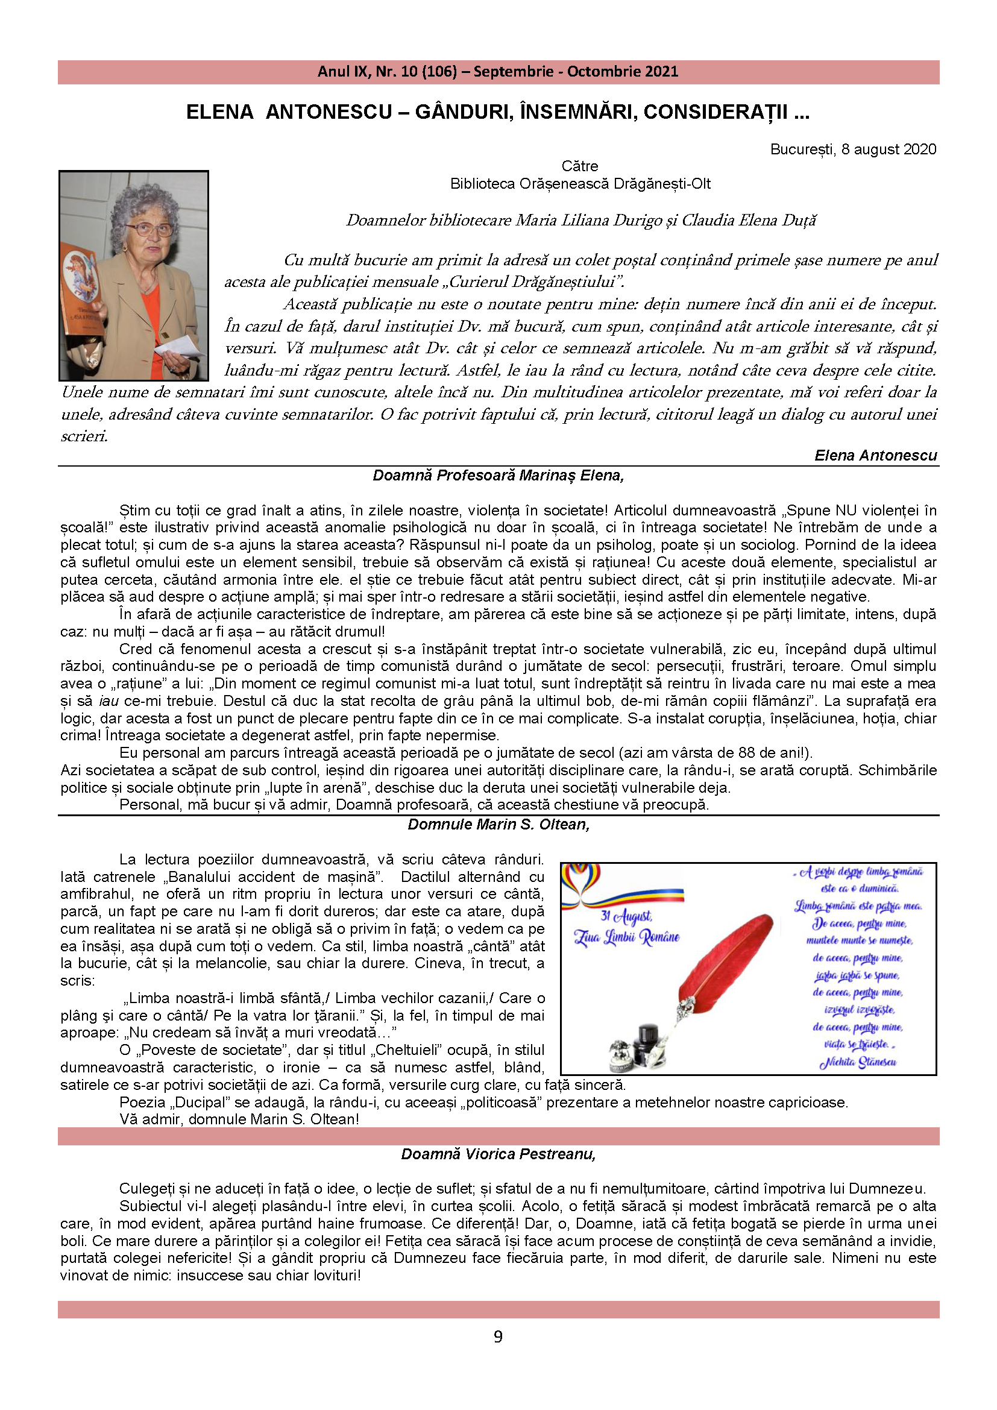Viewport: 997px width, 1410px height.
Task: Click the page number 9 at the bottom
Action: click(498, 1337)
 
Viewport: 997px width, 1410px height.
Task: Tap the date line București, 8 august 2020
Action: click(853, 149)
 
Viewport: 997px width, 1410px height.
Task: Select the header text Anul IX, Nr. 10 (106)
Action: click(387, 72)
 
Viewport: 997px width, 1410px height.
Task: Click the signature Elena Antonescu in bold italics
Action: click(875, 455)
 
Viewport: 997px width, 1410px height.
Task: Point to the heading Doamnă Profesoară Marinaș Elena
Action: click(498, 475)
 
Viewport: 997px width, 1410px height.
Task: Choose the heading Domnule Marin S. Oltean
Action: click(498, 824)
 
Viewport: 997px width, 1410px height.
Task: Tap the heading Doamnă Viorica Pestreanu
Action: click(498, 1154)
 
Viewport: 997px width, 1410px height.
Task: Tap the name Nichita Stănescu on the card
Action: click(858, 1062)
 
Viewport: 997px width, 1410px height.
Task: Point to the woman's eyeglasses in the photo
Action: click(149, 230)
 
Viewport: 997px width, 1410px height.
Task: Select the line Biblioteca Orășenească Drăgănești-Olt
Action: click(580, 184)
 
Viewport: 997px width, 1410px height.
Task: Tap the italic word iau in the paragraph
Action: click(109, 701)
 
